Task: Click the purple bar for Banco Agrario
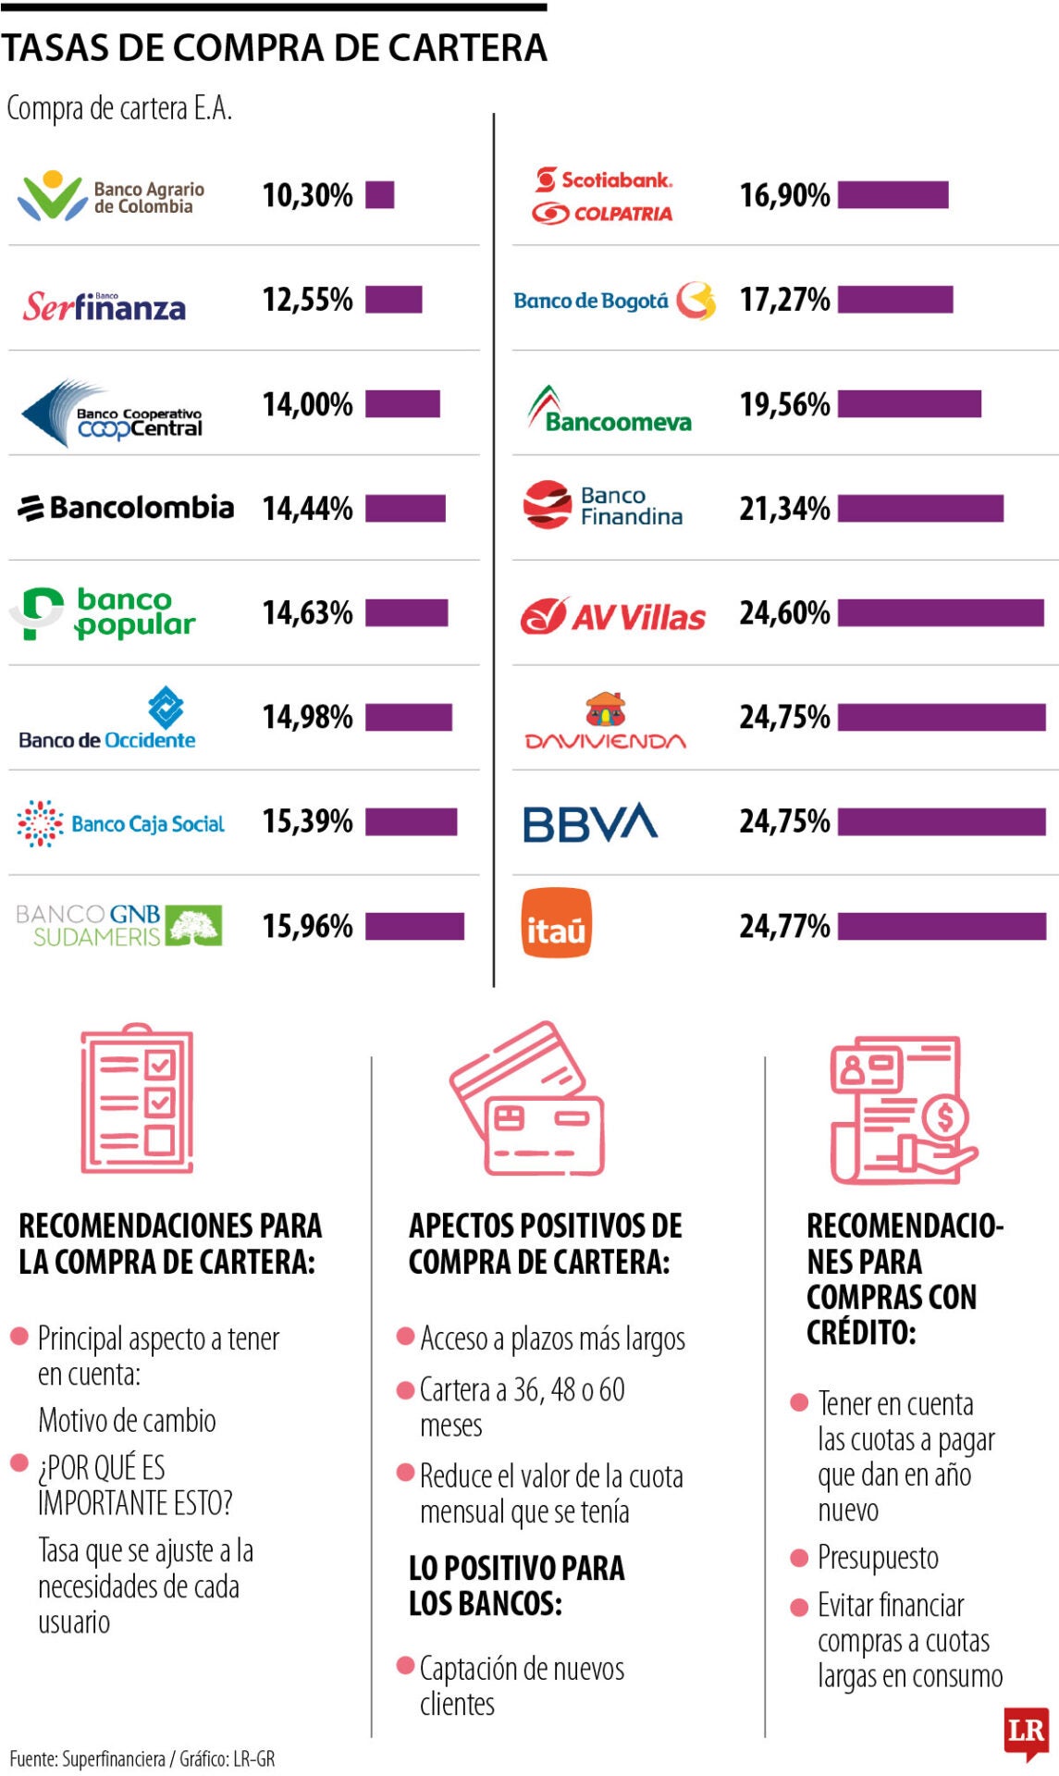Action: click(379, 195)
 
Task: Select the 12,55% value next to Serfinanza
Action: click(307, 300)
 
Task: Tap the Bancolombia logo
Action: click(126, 508)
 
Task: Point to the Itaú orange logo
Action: click(556, 923)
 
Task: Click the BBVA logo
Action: click(590, 821)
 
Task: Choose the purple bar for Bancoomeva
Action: click(909, 404)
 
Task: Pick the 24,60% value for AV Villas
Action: click(784, 612)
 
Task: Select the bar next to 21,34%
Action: click(920, 508)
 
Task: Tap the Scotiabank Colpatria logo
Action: click(603, 195)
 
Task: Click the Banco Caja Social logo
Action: click(120, 823)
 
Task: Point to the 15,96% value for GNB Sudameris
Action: click(307, 926)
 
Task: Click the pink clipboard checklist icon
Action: click(137, 1099)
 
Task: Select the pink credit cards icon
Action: click(527, 1099)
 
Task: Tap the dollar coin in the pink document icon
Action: click(944, 1117)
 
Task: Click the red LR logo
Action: click(1026, 1732)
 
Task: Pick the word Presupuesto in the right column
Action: click(878, 1558)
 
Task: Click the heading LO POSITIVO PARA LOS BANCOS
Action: click(516, 1585)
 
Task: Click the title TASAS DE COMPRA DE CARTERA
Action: click(275, 48)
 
